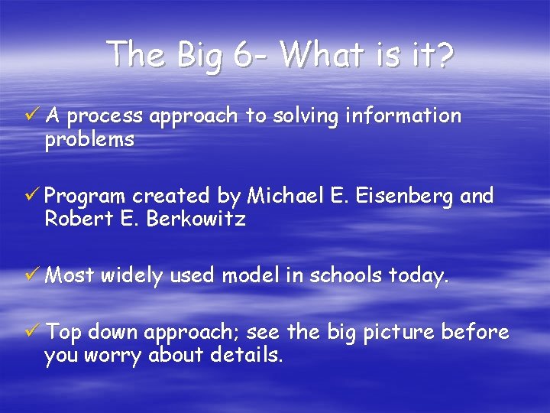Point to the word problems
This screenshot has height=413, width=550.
[89, 140]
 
